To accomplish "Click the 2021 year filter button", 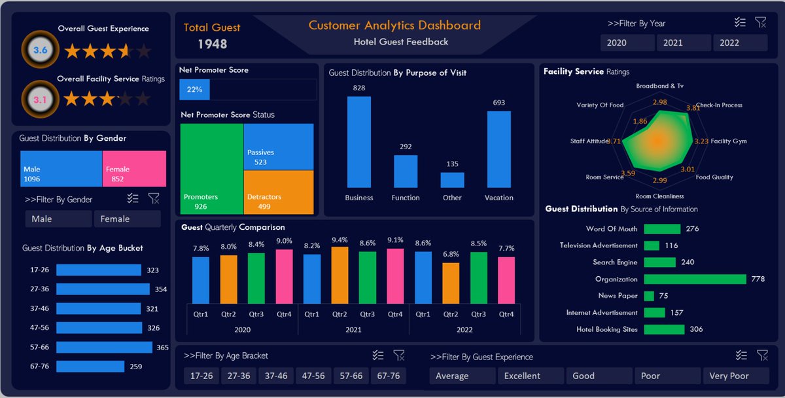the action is [x=684, y=43].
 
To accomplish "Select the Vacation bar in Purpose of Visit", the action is [x=498, y=149].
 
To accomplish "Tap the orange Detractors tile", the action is [x=279, y=192].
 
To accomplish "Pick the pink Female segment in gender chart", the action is [x=134, y=169].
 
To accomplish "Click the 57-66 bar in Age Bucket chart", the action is [x=104, y=347].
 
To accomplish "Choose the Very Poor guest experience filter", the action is [x=736, y=376].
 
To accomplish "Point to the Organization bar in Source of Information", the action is [x=695, y=279].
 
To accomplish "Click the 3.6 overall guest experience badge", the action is [x=41, y=50].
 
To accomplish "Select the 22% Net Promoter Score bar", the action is [x=194, y=90].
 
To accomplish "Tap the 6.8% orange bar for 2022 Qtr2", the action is [x=451, y=283].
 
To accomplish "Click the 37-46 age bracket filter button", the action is [x=276, y=376].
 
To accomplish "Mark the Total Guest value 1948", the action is [x=213, y=44].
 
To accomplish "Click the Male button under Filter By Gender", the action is [x=58, y=219].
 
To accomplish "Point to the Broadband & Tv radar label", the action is [x=659, y=86].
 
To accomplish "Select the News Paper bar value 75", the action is [x=663, y=296].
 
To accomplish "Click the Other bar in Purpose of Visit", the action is [x=452, y=180].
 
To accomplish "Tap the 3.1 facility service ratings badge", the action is [x=41, y=99].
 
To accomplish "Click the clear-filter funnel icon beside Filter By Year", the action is [x=761, y=22].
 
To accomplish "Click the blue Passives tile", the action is [x=279, y=147].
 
